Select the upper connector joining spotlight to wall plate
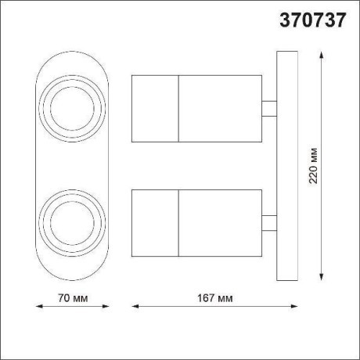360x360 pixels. pos(270,109)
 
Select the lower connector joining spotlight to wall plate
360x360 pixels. pos(270,222)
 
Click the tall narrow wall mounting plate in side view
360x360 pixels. pos(286,164)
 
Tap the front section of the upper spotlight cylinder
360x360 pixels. pos(156,108)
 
